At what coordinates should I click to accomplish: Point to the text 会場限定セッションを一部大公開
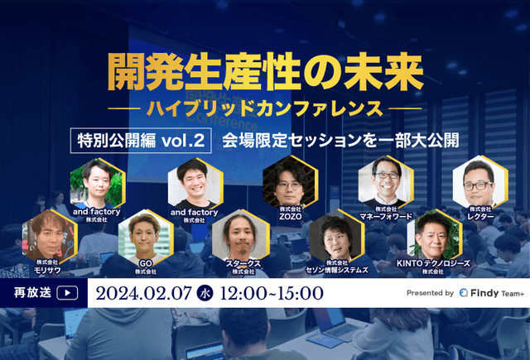(339, 139)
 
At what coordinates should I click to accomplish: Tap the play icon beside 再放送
(69, 292)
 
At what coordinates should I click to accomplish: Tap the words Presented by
(430, 293)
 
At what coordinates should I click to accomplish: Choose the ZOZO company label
(291, 215)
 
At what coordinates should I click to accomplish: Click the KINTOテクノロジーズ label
(433, 266)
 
